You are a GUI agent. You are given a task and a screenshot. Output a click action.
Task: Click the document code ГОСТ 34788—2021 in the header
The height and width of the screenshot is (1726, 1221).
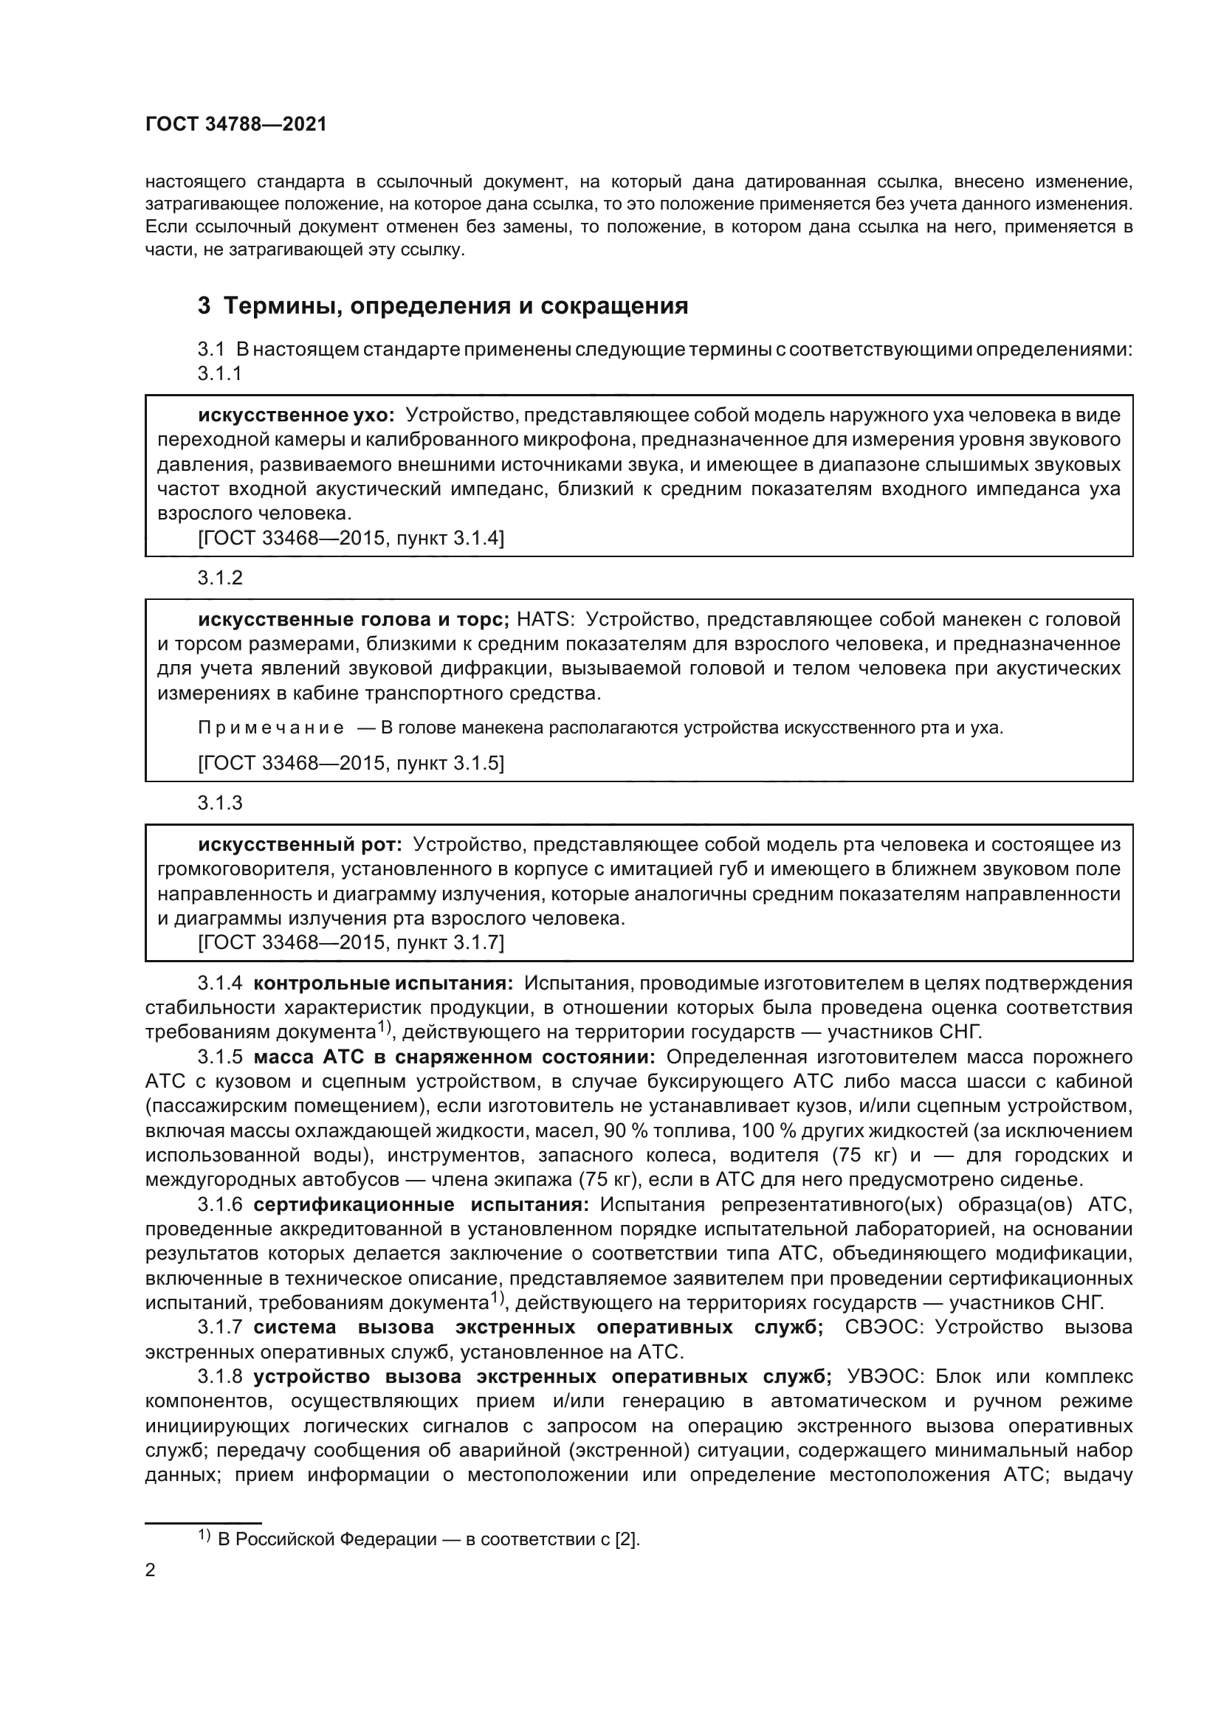pos(236,125)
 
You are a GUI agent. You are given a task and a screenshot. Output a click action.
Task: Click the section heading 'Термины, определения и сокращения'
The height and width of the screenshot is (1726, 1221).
pos(455,306)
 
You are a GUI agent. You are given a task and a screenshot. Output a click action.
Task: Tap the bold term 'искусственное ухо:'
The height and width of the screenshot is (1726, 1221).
pos(296,415)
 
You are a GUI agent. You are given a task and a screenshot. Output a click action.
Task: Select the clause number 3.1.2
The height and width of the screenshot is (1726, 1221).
pos(220,577)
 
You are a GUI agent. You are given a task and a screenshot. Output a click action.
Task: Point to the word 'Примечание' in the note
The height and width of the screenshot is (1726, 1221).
pos(272,728)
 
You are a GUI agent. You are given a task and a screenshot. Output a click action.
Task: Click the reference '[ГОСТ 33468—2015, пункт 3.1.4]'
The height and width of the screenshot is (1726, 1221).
pos(351,538)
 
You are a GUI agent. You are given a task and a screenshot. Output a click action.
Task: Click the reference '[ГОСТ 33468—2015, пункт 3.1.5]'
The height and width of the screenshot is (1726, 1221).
pos(351,763)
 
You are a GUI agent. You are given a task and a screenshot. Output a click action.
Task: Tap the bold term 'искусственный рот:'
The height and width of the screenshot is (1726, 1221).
pos(300,844)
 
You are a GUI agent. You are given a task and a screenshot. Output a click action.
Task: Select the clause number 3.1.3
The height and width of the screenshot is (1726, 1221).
pos(220,803)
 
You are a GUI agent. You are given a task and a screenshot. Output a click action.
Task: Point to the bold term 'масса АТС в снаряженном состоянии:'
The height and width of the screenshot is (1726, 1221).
pos(454,1057)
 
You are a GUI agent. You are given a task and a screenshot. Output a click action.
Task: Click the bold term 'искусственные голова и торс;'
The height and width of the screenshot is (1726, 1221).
pos(354,619)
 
